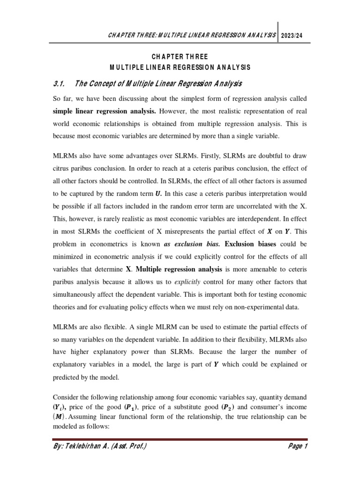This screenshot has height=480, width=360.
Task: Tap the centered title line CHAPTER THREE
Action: [x=180, y=57]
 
